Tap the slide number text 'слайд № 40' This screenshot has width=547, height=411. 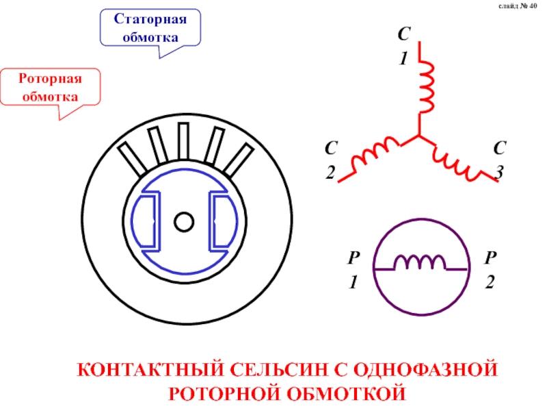coord(518,7)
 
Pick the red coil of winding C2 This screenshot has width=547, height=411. coord(377,154)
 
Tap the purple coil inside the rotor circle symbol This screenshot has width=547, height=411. coord(424,262)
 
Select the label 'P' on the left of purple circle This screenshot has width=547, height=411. coord(353,258)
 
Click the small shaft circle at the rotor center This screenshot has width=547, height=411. coord(183,222)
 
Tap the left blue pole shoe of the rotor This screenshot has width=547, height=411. coord(147,221)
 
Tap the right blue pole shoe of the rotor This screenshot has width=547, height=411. coord(220,221)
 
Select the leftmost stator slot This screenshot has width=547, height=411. coord(133,158)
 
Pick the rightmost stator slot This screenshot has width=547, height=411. coord(235,160)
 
